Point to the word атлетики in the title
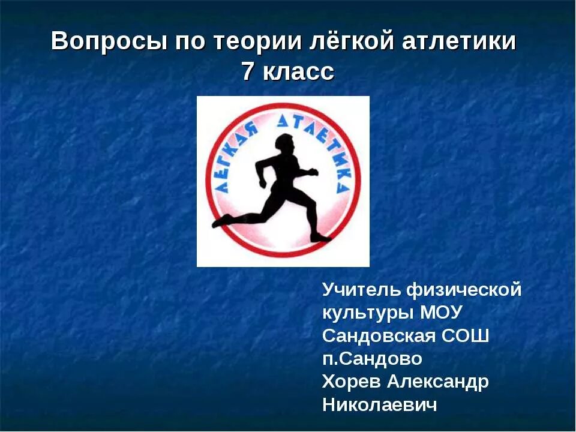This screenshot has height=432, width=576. tap(459, 42)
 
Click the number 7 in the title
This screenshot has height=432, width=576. tap(248, 73)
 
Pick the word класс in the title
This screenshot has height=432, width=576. tap(298, 73)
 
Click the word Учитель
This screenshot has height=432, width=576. tap(361, 290)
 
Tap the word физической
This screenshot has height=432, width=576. tap(464, 290)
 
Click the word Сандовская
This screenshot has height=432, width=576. tap(379, 335)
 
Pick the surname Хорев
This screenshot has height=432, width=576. tap(351, 382)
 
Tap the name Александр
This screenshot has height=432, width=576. tap(437, 382)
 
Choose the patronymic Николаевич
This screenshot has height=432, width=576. tap(379, 405)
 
